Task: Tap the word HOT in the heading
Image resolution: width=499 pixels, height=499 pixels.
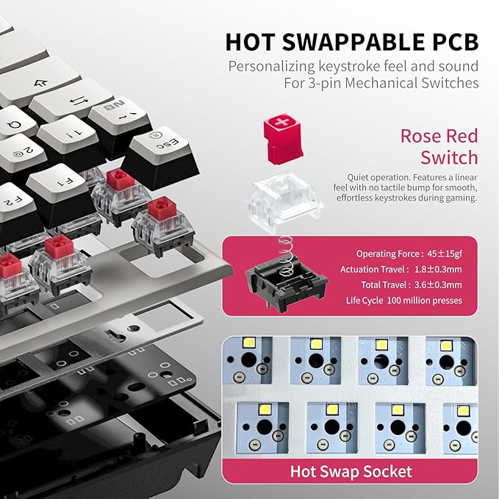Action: tap(250, 42)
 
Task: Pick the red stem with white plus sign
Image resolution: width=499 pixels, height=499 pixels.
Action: tap(282, 138)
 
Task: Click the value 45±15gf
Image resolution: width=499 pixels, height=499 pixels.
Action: tap(445, 254)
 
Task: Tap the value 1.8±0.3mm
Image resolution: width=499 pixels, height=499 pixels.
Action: tap(438, 270)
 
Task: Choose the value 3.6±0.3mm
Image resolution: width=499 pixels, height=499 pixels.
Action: tap(438, 285)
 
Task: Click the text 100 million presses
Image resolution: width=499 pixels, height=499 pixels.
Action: tap(425, 301)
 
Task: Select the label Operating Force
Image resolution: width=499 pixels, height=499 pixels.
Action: tap(388, 254)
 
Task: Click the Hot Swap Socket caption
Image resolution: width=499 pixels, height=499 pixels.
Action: tap(351, 471)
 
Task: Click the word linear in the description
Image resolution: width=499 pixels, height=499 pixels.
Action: tap(464, 177)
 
